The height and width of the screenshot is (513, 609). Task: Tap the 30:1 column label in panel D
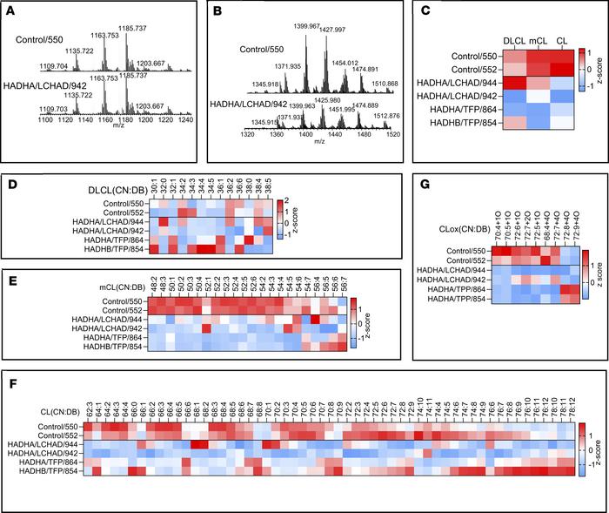[x=153, y=186]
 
